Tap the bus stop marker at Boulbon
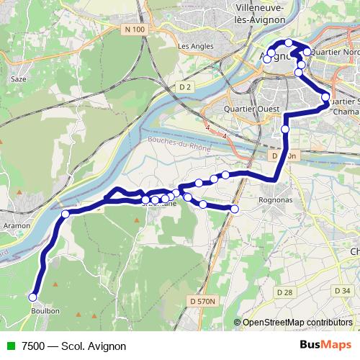click(x=32, y=297)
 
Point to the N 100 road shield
click(x=133, y=29)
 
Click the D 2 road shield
click(x=186, y=87)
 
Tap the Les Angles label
click(x=193, y=46)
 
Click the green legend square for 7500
click(x=9, y=346)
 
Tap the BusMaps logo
click(x=325, y=345)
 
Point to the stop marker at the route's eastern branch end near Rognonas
click(x=234, y=209)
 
